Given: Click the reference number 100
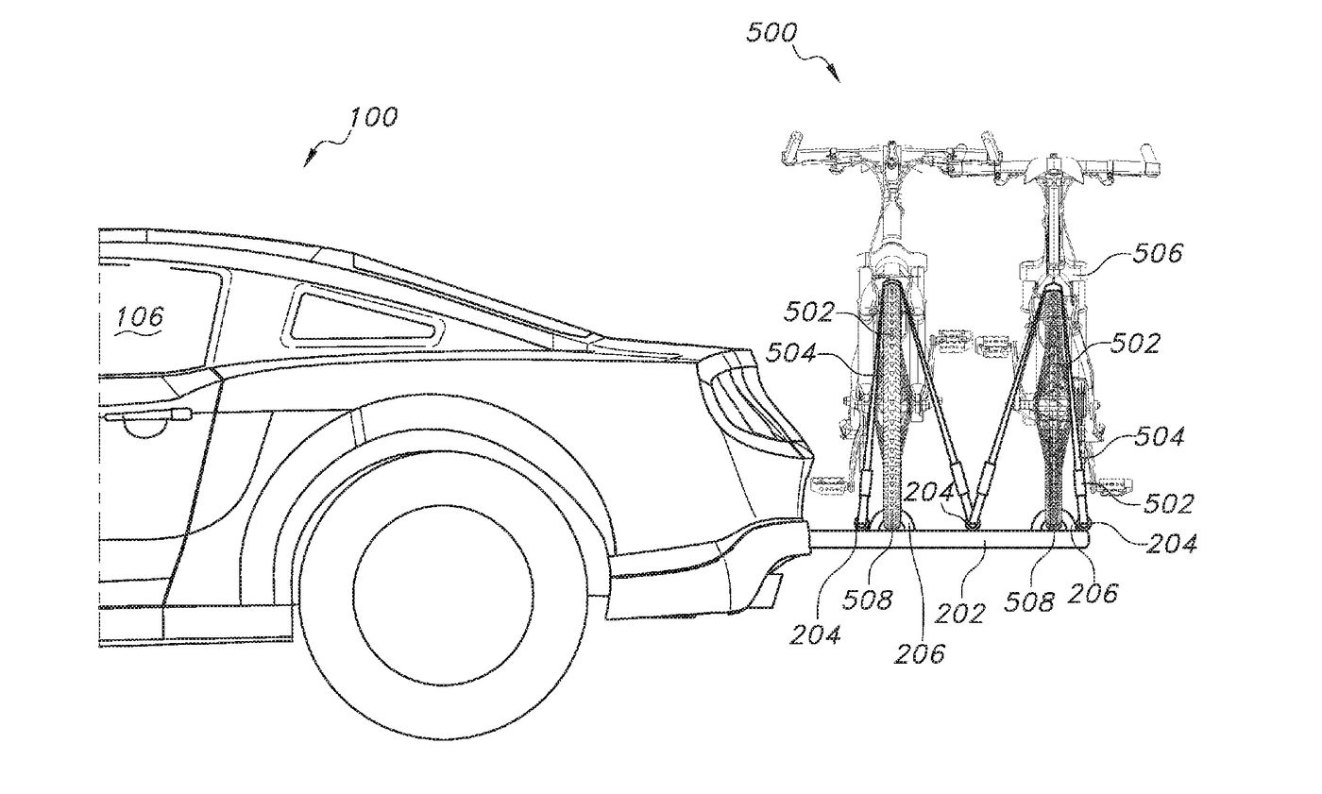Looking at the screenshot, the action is [373, 117].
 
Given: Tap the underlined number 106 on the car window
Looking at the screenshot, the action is [140, 317].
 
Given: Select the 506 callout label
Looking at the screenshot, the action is [1158, 254].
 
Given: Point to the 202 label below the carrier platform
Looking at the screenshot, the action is [959, 614].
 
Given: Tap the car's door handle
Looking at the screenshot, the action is [148, 414].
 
